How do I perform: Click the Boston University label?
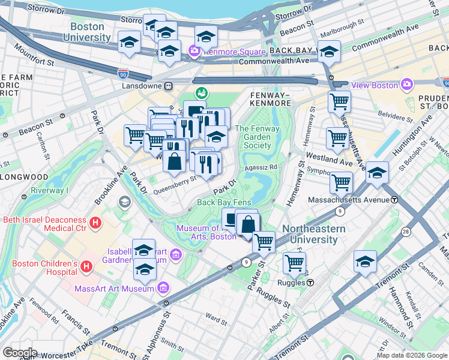coord(91,32)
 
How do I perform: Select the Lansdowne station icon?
coord(169,86)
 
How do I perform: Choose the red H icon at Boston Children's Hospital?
coord(86,265)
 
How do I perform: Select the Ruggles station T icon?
coord(310,282)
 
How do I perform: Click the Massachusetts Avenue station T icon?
coord(395,199)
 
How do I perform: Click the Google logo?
coord(19,353)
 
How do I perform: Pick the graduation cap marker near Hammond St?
coord(365,261)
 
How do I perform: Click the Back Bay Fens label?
coord(224,203)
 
